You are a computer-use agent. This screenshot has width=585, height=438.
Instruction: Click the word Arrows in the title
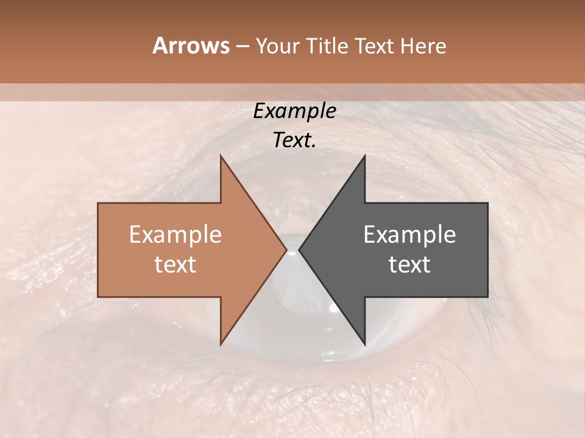[x=191, y=46]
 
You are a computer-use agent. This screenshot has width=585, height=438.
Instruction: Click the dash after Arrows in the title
[x=243, y=47]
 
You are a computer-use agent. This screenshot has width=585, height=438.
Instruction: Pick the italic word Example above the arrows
[x=295, y=111]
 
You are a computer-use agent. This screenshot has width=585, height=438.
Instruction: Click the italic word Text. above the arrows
[x=295, y=141]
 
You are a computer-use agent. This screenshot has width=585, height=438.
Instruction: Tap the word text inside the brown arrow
[x=175, y=265]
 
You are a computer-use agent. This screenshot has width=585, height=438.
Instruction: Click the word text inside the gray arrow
[x=409, y=265]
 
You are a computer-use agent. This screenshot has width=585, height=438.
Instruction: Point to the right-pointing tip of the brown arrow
[x=286, y=249]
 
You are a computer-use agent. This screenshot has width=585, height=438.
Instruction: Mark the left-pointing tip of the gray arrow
[x=300, y=249]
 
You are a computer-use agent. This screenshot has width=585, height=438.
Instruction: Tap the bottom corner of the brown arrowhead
[x=221, y=344]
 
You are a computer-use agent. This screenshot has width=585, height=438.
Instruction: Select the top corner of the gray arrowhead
[x=364, y=156]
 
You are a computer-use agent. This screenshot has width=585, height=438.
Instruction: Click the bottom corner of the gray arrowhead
[x=364, y=344]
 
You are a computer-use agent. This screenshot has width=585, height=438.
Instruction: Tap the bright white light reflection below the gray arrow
[x=333, y=308]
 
